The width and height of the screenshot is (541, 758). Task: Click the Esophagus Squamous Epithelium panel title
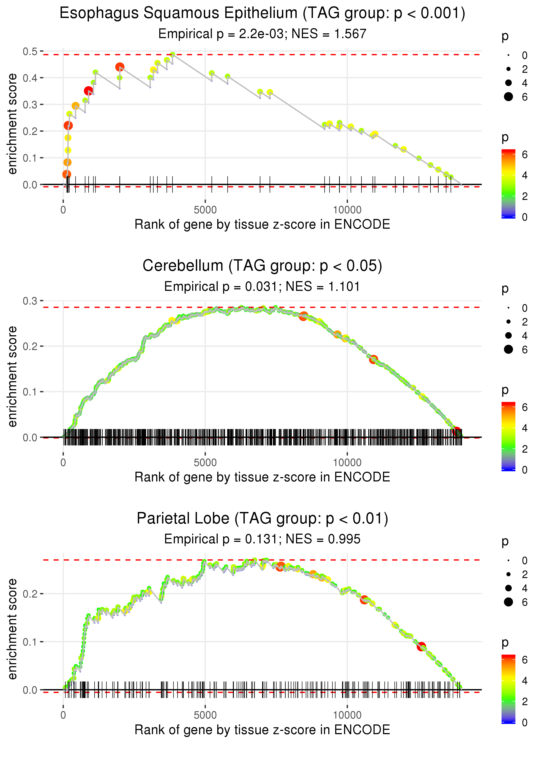pyautogui.click(x=262, y=13)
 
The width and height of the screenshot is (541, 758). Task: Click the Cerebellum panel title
pyautogui.click(x=262, y=266)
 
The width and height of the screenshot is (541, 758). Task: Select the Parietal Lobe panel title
pyautogui.click(x=262, y=518)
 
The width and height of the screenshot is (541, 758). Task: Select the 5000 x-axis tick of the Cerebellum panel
pyautogui.click(x=205, y=462)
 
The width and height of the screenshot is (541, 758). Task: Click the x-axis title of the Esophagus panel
pyautogui.click(x=262, y=224)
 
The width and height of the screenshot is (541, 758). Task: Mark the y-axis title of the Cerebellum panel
pyautogui.click(x=12, y=376)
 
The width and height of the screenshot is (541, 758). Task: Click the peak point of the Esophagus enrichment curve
pyautogui.click(x=172, y=55)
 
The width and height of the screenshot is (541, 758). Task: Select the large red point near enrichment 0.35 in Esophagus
pyautogui.click(x=88, y=91)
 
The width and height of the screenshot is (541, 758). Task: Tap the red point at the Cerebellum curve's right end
pyautogui.click(x=456, y=431)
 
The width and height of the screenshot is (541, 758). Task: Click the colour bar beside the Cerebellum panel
pyautogui.click(x=508, y=436)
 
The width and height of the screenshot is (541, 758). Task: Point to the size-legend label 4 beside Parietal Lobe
pyautogui.click(x=525, y=588)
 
